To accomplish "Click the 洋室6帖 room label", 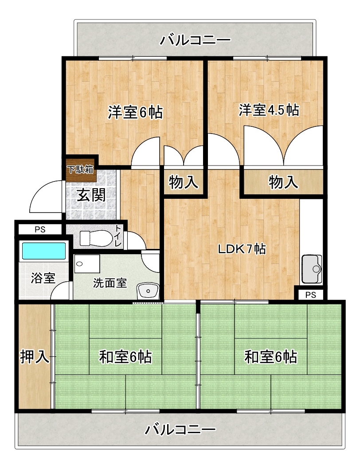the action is tap(135, 112).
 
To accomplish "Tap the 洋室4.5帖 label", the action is tap(269, 110).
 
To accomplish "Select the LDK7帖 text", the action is tap(242, 248).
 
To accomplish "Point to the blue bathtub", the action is tap(44, 251).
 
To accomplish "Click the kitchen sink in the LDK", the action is tap(312, 269).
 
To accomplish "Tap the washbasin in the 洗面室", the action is tap(148, 291).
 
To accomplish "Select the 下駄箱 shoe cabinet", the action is tap(81, 170).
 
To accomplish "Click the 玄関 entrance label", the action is tap(91, 195).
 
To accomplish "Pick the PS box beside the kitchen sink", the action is tap(311, 295).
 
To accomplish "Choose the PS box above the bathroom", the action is tap(40, 229).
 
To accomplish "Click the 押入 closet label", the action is tap(34, 357).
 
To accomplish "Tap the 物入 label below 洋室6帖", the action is tap(184, 182).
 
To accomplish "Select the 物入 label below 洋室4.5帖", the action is tap(283, 182).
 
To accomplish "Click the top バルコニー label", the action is tap(195, 40).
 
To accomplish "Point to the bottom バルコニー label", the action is tap(180, 430).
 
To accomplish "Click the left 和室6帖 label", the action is tap(125, 357).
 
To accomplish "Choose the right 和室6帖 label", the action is tap(271, 357).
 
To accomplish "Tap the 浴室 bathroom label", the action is tap(43, 278).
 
